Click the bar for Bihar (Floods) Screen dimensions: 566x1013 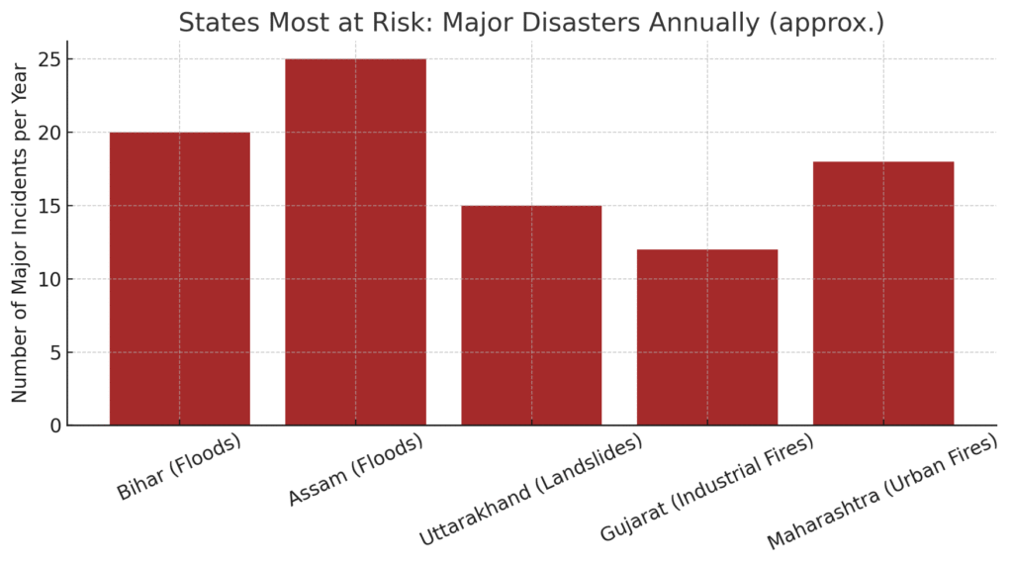point(179,278)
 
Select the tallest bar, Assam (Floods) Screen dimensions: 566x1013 point(355,241)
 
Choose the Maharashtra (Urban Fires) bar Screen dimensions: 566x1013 point(883,293)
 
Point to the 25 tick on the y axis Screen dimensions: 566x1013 point(49,59)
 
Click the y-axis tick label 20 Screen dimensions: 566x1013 point(49,133)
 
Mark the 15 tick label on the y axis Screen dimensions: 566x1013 point(49,206)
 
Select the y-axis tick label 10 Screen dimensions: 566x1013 point(49,279)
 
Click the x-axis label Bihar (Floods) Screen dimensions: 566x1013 point(179,468)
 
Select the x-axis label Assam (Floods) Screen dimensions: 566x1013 point(355,470)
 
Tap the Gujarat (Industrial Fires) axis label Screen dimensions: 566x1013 point(707,488)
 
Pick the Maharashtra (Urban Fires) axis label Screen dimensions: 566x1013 point(881,493)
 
